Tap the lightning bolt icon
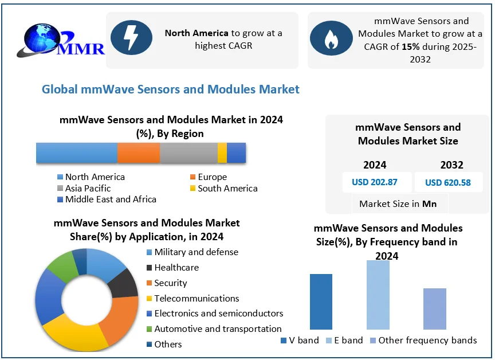point(131,38)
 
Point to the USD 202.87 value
point(375,183)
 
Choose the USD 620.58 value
point(448,183)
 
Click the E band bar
point(378,295)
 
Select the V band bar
point(321,302)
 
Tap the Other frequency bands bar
point(434,309)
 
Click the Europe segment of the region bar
point(139,153)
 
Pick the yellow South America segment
point(222,153)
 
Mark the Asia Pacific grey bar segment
point(188,153)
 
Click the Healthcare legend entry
point(176,268)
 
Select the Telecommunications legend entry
point(197,299)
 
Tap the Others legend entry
point(168,345)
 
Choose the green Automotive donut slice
point(62,266)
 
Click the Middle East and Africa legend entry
point(111,199)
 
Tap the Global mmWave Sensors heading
point(171,89)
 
